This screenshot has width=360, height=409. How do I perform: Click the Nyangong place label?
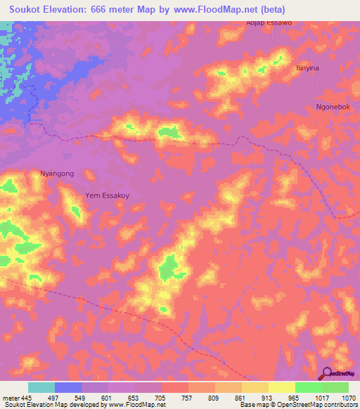(x=57, y=173)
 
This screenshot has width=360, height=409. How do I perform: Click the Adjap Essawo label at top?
(x=269, y=22)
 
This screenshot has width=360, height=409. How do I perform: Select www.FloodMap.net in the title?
(x=250, y=9)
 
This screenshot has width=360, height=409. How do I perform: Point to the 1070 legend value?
(x=348, y=397)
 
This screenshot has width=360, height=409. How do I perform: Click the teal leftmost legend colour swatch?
(x=41, y=387)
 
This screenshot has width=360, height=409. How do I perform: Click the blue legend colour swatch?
(x=68, y=387)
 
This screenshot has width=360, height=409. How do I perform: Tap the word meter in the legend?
(x=10, y=397)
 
